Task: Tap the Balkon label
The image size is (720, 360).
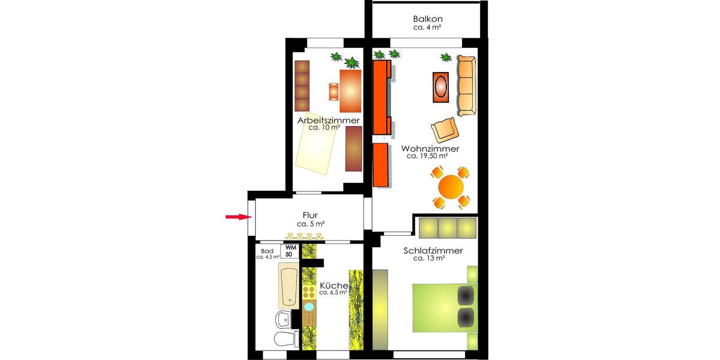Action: tap(428, 19)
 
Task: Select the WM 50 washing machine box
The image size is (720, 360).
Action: tap(290, 251)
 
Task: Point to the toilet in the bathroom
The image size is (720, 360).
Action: tap(283, 339)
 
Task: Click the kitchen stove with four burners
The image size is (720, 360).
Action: tap(309, 292)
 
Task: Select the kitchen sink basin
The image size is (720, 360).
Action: tap(309, 307)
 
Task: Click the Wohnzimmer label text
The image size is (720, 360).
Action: tap(430, 148)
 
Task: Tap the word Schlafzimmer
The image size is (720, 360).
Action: tap(428, 251)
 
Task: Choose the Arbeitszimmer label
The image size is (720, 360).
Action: tap(328, 120)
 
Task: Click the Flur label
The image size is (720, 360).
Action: tap(310, 215)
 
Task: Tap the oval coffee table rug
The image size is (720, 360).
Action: tap(441, 87)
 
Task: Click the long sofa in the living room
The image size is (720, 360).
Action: tap(466, 86)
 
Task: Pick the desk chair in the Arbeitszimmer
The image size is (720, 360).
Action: tap(333, 92)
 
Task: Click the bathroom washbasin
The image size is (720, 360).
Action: tap(283, 318)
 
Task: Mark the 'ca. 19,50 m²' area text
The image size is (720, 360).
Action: tap(427, 156)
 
